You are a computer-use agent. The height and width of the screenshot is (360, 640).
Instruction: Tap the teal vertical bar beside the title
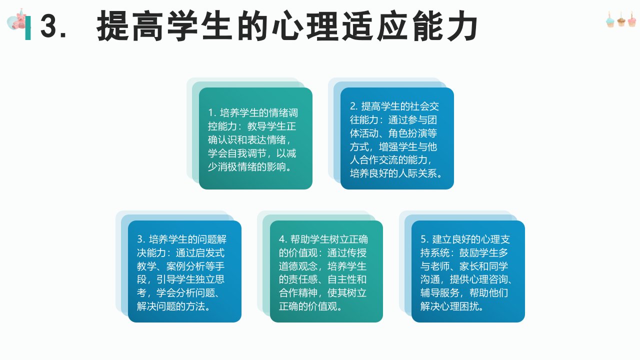(28, 28)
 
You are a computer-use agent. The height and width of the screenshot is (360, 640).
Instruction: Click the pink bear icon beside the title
(17, 19)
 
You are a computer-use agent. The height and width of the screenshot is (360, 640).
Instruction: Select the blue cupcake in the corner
(609, 20)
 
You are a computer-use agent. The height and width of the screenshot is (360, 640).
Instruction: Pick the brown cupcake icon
(621, 19)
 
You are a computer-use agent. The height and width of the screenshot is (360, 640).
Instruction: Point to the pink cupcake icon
(632, 19)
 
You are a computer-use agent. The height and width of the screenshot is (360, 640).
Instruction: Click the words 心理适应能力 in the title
(374, 26)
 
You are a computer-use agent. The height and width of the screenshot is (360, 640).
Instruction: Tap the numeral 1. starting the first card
(212, 113)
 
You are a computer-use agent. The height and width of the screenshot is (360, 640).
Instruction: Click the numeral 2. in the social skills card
(354, 106)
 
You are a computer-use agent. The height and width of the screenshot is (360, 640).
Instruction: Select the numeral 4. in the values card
(283, 239)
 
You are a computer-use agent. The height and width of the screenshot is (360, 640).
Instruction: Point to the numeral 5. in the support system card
(424, 239)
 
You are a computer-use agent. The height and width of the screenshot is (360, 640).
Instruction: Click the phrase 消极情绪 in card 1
(237, 167)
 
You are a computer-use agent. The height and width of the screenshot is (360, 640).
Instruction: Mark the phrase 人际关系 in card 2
(417, 173)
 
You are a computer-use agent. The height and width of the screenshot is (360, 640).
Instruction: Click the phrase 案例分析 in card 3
(185, 266)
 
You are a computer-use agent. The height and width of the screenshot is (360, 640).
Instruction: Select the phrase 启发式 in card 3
(209, 253)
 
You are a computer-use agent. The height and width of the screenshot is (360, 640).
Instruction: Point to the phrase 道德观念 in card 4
(298, 266)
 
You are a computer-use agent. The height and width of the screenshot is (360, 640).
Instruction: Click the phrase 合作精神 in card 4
(298, 293)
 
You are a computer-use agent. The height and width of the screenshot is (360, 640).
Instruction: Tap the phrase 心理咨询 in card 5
(488, 279)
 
